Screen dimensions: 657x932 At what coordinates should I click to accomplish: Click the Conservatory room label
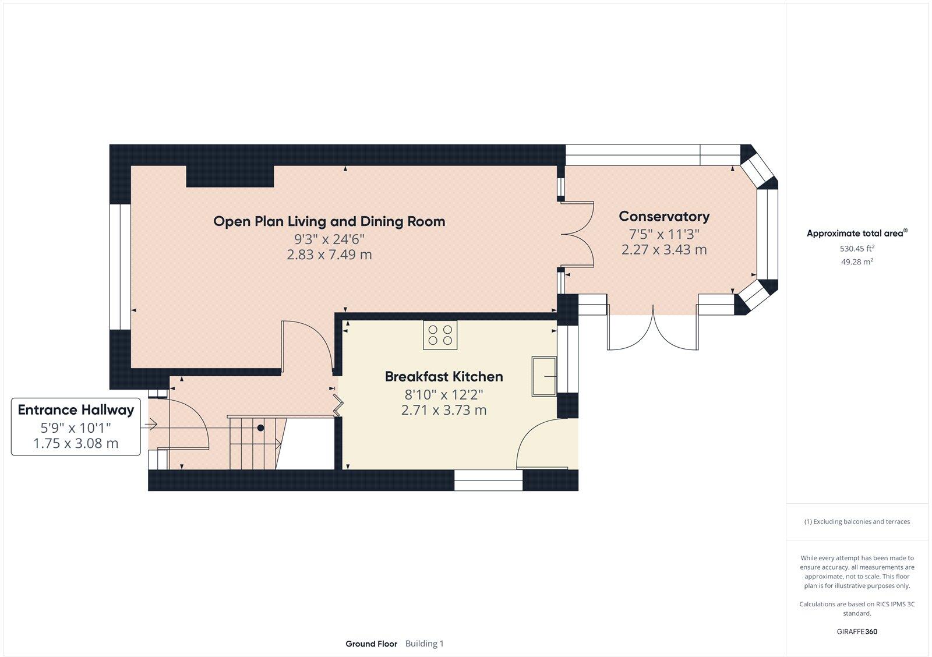[x=663, y=217]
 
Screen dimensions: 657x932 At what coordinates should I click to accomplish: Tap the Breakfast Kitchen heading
[x=443, y=377]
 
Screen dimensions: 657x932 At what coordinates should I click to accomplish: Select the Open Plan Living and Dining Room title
[x=329, y=221]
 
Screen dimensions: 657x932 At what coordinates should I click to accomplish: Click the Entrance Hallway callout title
[x=76, y=409]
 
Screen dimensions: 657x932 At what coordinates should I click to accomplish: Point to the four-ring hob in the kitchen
[x=440, y=335]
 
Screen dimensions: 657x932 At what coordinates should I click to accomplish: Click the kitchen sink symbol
[x=545, y=376]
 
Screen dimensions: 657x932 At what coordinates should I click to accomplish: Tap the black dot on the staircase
[x=261, y=428]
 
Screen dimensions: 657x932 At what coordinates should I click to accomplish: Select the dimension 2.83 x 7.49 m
[x=329, y=255]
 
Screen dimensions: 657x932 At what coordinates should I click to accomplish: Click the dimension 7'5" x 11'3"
[x=663, y=234]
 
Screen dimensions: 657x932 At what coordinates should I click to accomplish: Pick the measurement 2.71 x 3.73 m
[x=443, y=410]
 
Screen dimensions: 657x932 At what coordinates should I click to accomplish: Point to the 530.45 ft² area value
[x=856, y=248]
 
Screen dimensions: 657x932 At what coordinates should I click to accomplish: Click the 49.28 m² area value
[x=856, y=262]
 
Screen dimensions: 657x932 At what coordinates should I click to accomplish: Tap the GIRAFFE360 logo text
[x=856, y=631]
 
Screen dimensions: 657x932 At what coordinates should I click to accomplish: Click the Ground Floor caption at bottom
[x=371, y=644]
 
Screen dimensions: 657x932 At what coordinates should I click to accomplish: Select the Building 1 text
[x=424, y=644]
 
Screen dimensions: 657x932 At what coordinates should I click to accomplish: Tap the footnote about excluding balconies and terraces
[x=856, y=522]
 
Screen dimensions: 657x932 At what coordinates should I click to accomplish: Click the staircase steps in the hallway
[x=252, y=443]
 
